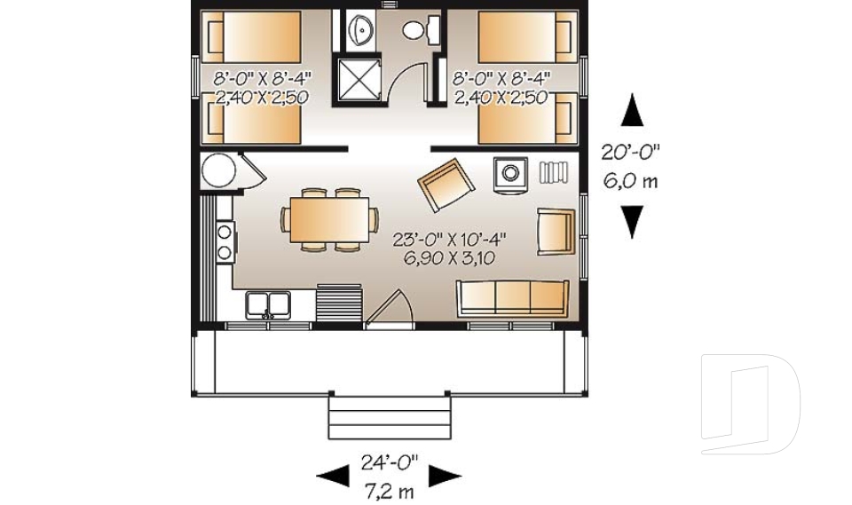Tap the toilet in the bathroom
(x=420, y=30)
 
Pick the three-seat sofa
(x=512, y=299)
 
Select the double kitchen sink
(x=269, y=304)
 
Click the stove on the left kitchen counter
(x=224, y=240)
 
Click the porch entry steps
(x=387, y=417)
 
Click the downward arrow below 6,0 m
(x=631, y=221)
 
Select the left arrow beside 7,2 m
(x=334, y=477)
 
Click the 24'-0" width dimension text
(x=389, y=462)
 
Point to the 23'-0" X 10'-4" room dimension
(x=441, y=240)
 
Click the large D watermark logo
(x=750, y=405)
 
